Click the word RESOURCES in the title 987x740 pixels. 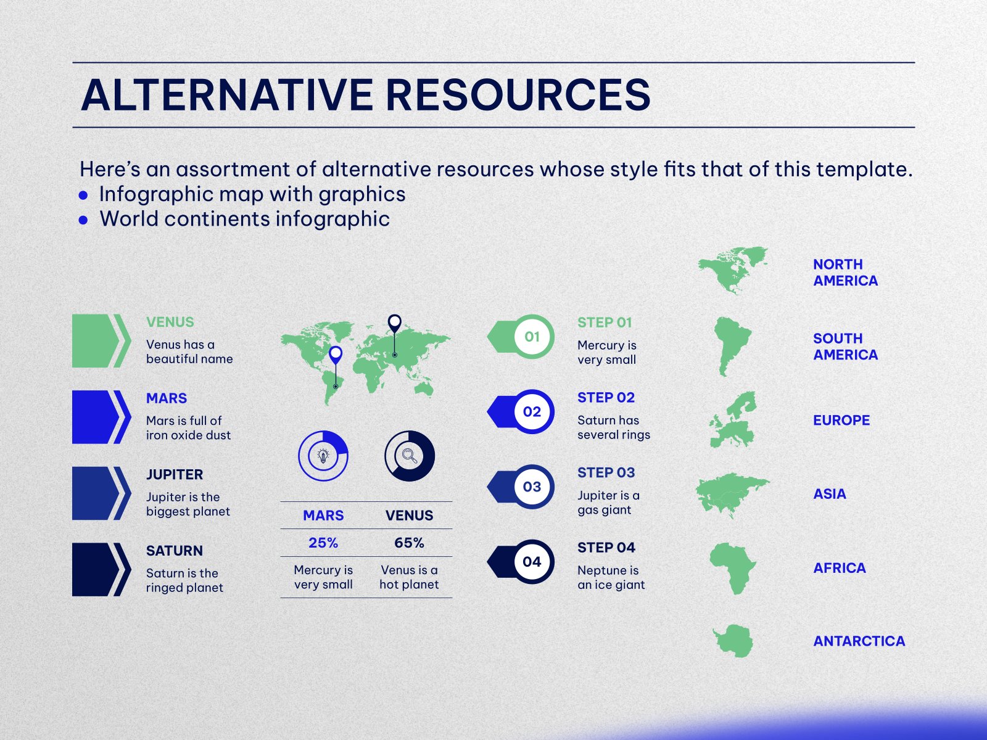518,95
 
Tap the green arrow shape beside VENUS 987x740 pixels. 101,340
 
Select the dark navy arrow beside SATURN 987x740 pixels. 101,569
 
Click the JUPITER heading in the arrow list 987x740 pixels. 175,474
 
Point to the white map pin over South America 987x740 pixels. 336,355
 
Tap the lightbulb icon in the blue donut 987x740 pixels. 323,456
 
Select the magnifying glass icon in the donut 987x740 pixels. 409,456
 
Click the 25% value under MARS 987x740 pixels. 323,543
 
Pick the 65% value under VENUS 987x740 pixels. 409,543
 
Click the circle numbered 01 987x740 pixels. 532,337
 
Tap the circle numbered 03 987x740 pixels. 532,487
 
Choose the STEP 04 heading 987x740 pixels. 606,548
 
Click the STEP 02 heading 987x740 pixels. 606,398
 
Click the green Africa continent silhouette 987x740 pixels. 732,567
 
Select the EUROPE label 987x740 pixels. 841,420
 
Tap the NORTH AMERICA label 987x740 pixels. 845,273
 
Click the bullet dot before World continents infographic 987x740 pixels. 83,220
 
